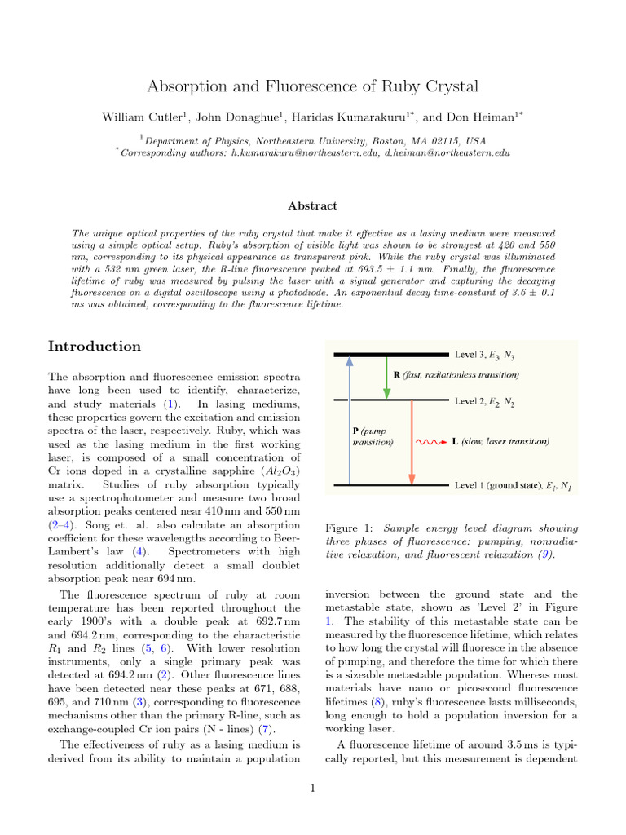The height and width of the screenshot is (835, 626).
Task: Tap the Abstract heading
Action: (x=313, y=206)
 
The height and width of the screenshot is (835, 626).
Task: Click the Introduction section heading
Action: (x=95, y=347)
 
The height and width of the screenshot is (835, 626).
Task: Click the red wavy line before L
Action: (x=432, y=442)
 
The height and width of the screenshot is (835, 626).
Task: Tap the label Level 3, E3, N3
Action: (x=485, y=355)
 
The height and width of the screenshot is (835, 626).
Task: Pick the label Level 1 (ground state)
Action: (x=498, y=487)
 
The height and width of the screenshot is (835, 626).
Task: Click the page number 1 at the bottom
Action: (x=313, y=788)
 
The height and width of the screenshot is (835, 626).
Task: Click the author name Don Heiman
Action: (x=483, y=117)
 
